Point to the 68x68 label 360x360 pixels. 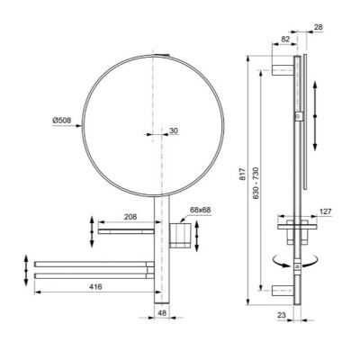point(201,211)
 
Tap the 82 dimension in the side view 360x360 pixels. point(285,40)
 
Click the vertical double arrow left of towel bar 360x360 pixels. point(22,268)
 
